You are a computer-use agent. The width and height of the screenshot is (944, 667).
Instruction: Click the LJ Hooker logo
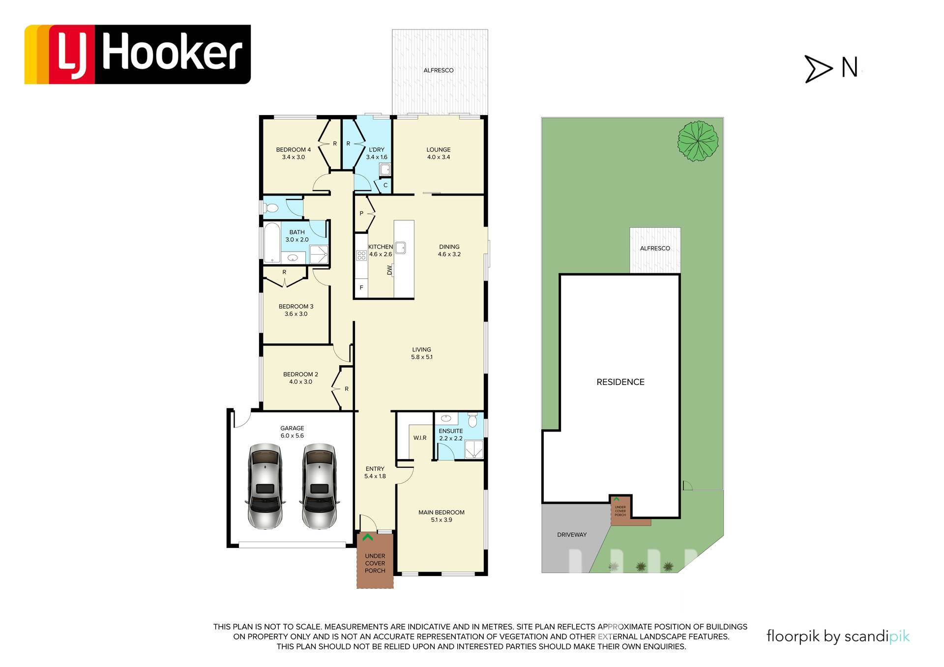click(138, 55)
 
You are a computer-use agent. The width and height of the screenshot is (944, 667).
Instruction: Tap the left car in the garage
click(265, 486)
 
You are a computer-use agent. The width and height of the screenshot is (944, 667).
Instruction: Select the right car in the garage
click(320, 486)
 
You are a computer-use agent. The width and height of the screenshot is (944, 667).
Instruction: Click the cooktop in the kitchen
click(361, 255)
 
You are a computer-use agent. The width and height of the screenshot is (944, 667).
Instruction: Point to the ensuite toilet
click(472, 420)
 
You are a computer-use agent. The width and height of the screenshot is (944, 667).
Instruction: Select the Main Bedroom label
click(442, 516)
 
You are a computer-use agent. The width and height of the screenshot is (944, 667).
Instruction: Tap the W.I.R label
click(420, 437)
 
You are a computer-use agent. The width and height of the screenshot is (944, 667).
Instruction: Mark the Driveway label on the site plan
click(572, 534)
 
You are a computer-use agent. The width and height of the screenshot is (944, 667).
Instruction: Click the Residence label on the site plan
click(620, 382)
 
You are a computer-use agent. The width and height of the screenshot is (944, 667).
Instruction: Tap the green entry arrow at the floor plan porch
click(367, 538)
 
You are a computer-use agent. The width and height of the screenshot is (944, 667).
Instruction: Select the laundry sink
click(385, 170)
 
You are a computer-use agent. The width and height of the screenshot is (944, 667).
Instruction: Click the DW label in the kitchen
click(389, 270)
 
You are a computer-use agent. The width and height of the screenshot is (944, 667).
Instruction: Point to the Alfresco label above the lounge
click(439, 70)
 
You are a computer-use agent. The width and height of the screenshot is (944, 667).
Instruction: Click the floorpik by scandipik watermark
click(838, 637)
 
